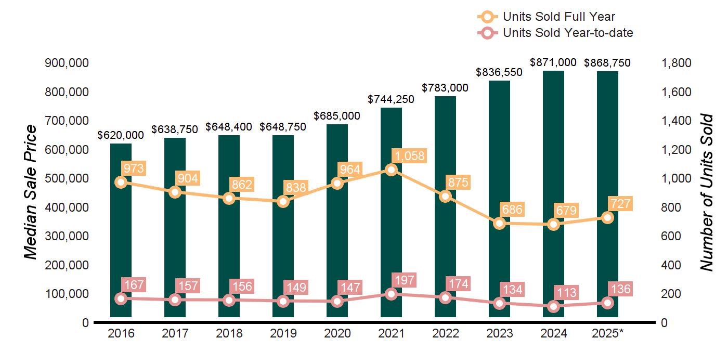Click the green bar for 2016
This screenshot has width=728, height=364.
[121, 234]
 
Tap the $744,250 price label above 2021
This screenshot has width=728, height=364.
[391, 99]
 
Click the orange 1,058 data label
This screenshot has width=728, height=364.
[410, 155]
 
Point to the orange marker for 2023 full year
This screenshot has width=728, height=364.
[500, 223]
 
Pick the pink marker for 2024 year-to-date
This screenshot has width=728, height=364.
[554, 306]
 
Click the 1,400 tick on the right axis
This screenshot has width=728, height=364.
[677, 121]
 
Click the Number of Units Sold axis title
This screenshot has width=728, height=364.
[706, 192]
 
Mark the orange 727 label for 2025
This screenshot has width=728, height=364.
[620, 203]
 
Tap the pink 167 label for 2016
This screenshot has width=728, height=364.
[133, 285]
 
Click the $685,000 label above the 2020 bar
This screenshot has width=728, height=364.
[337, 116]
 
